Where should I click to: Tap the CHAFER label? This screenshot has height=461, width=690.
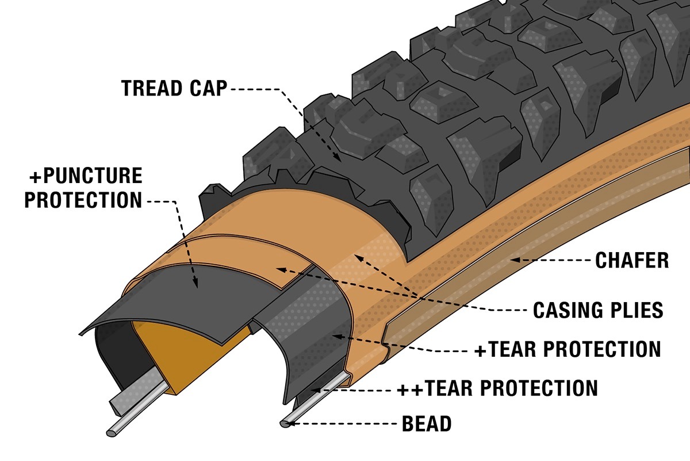point(632,261)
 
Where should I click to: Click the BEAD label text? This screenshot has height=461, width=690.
point(425,425)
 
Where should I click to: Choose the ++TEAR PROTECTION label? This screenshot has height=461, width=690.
point(497,388)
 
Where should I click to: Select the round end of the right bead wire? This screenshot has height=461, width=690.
point(285,424)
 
